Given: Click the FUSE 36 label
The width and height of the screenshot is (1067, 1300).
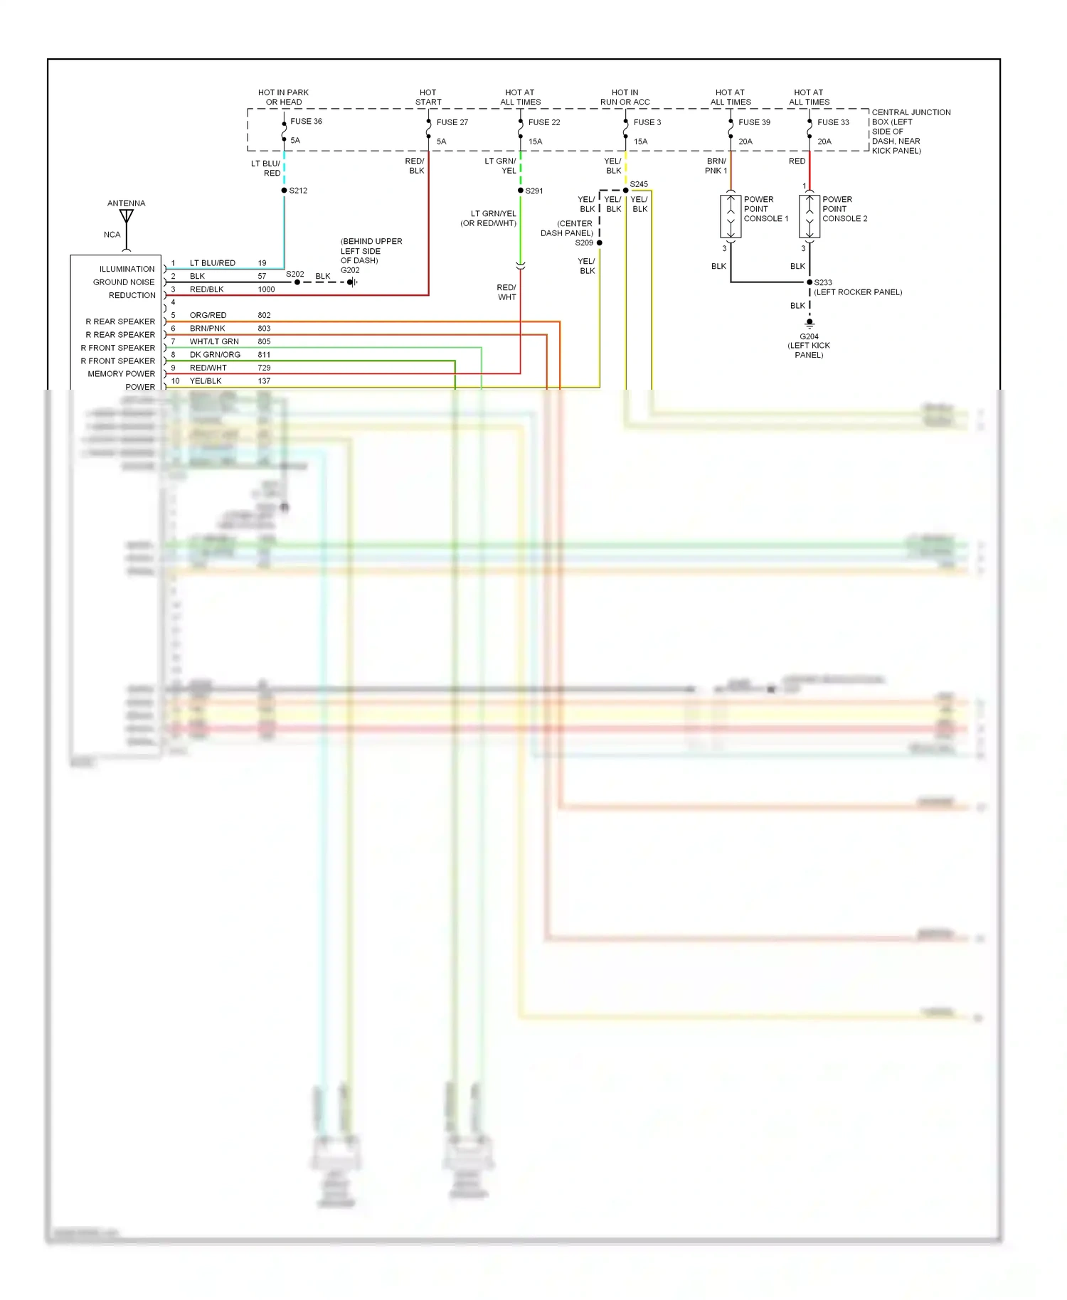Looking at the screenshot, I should click(x=306, y=122).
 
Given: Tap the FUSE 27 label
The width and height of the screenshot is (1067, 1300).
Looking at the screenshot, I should click(x=452, y=122).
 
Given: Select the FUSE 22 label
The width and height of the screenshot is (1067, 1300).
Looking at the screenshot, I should click(x=544, y=122).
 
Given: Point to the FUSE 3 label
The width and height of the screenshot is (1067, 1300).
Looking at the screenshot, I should click(x=647, y=122).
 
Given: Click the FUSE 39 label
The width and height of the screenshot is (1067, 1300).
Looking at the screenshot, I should click(x=754, y=122).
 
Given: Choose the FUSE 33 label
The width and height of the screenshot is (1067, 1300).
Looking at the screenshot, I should click(x=833, y=122).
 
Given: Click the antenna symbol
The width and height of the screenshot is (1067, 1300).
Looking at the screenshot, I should click(x=127, y=216).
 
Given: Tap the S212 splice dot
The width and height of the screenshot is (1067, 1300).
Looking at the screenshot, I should click(x=284, y=191).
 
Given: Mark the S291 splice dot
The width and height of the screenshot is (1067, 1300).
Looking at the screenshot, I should click(x=521, y=191).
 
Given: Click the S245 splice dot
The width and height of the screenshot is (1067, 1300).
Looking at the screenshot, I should click(x=626, y=190).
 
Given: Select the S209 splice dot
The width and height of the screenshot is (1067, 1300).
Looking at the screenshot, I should click(x=600, y=243).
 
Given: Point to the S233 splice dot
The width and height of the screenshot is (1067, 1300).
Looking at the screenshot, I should click(x=809, y=282).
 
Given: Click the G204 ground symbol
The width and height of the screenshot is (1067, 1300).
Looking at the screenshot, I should click(x=809, y=324).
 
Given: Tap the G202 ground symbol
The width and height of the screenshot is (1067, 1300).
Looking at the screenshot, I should click(x=352, y=282).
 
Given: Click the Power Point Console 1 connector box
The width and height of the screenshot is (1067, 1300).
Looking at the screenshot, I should click(x=731, y=216).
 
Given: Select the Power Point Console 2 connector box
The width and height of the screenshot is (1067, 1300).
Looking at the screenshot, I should click(x=809, y=216).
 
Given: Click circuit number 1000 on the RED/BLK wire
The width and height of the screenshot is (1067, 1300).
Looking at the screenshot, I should click(x=266, y=289).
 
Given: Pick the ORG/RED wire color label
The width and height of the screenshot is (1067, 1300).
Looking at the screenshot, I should click(x=208, y=315).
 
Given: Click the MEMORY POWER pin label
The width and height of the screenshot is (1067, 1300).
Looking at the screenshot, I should click(x=121, y=374).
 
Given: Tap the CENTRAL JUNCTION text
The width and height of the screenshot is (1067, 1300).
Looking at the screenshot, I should click(x=911, y=112).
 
